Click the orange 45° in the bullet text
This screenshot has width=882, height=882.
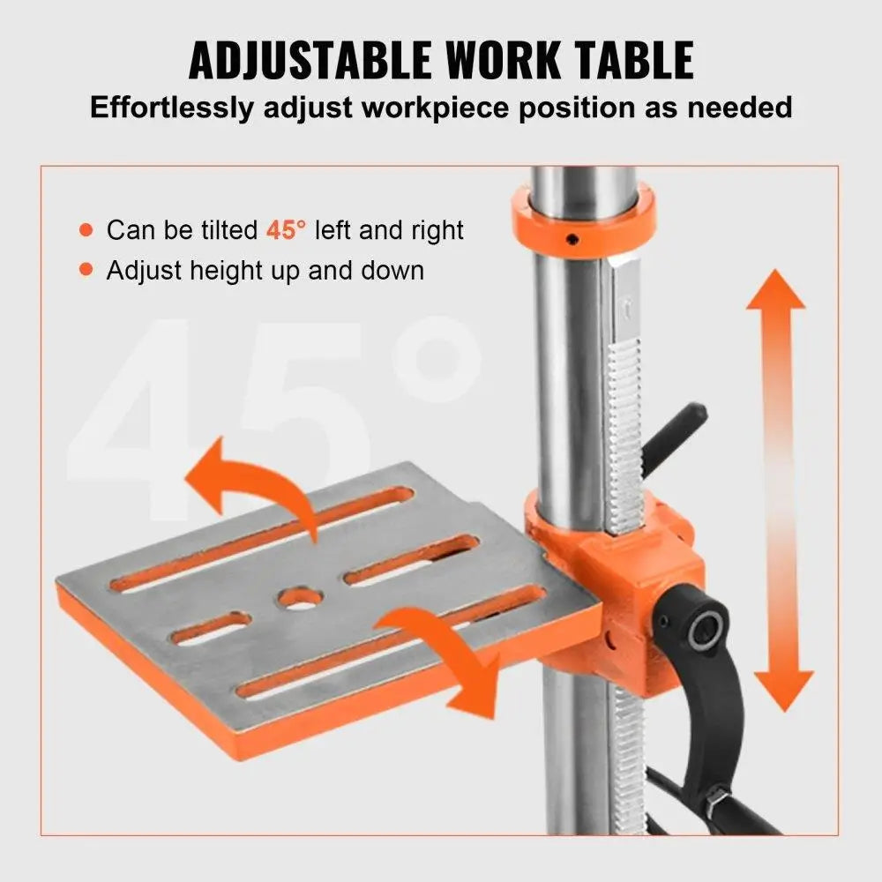pyautogui.click(x=286, y=231)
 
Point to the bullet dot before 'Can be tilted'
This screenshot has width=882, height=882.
pyautogui.click(x=86, y=231)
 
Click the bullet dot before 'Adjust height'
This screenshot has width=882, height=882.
pyautogui.click(x=86, y=270)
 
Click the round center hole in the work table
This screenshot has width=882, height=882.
pyautogui.click(x=299, y=599)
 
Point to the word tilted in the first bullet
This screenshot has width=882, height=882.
pyautogui.click(x=226, y=231)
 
